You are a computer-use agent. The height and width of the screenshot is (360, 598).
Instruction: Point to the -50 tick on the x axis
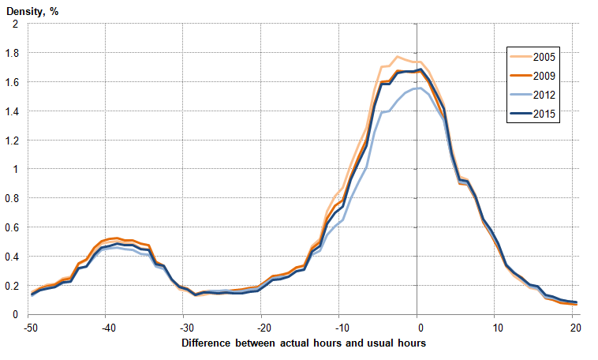(x=31, y=327)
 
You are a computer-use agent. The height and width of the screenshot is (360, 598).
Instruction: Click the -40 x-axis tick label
(x=107, y=327)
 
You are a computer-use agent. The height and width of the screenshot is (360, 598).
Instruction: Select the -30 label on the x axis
(x=185, y=327)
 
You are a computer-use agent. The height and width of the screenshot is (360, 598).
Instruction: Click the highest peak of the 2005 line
(x=397, y=57)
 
